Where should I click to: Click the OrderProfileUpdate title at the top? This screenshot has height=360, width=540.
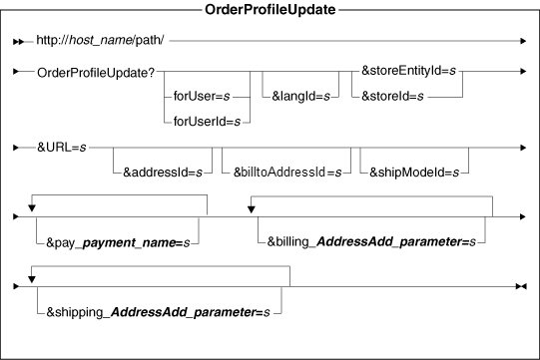[x=270, y=11]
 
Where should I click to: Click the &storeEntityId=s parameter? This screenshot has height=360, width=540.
[x=412, y=73]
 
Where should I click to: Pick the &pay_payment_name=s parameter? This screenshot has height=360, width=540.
[x=117, y=240]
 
